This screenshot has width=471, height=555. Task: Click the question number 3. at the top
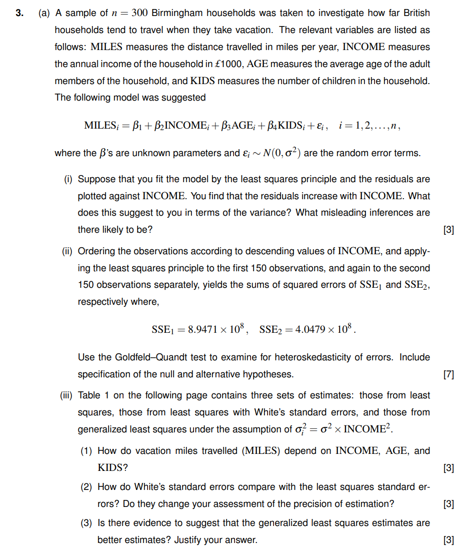click(19, 13)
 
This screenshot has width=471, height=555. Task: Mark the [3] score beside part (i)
click(448, 230)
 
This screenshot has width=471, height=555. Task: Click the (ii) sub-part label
click(66, 251)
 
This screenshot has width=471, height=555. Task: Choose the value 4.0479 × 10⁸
click(319, 330)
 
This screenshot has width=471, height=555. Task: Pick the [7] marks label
click(448, 374)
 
